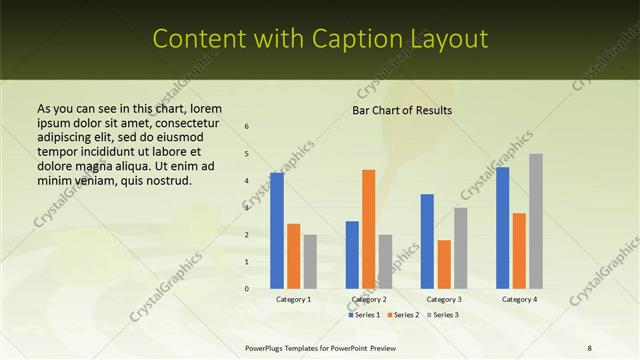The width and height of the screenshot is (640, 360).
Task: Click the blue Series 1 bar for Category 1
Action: click(277, 231)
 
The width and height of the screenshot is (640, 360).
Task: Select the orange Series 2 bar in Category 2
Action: click(368, 229)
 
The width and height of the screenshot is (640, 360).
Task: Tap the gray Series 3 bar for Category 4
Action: click(536, 221)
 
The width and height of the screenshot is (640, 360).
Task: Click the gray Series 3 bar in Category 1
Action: click(310, 262)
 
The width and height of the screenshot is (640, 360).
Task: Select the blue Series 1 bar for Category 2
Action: click(352, 255)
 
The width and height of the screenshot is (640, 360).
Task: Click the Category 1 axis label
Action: click(293, 299)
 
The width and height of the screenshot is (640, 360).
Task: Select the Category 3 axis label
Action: click(444, 299)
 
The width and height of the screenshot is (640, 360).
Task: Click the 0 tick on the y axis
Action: click(247, 289)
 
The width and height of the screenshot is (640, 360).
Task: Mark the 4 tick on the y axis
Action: click(247, 181)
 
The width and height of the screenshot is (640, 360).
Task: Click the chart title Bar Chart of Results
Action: click(402, 110)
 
